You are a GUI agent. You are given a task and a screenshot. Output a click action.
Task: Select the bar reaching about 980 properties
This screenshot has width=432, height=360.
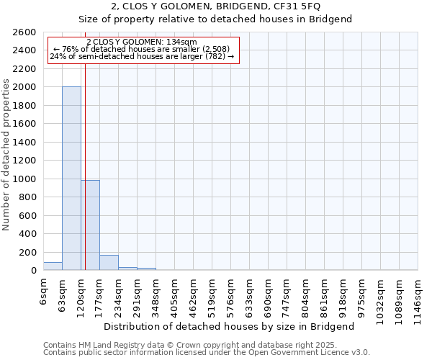point(90,225)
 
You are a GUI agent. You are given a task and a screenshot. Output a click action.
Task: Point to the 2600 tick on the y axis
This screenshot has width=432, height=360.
point(26,32)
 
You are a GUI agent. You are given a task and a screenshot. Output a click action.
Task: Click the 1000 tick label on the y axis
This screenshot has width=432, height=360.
point(26,179)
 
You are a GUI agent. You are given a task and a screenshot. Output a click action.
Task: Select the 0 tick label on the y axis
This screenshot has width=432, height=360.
point(33,271)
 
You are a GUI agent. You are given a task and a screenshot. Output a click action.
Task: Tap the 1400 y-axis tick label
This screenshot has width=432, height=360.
point(26,143)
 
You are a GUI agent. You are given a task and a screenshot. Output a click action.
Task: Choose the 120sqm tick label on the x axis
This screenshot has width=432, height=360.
point(81,295)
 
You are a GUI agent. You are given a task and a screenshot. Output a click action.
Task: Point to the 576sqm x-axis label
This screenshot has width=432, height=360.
point(231,295)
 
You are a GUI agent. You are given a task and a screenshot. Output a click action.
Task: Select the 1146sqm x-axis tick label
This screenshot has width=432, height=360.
point(418,297)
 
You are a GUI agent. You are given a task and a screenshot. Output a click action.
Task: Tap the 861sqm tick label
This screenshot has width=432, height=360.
point(325,295)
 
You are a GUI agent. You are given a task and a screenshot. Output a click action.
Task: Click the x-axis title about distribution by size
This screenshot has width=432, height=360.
point(230,326)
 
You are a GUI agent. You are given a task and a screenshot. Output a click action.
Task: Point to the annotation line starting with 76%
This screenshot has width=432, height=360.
point(141,49)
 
